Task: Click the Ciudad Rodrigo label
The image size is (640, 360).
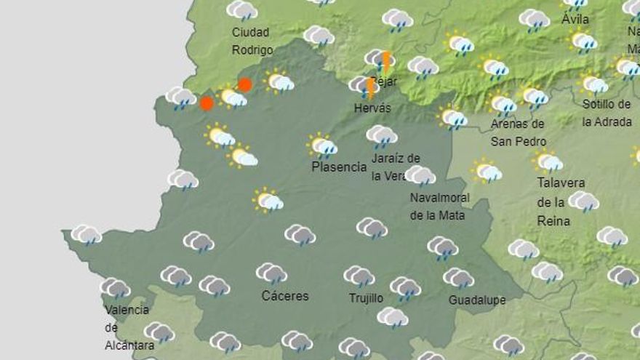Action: [252, 41]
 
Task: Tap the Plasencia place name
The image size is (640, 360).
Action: [339, 167]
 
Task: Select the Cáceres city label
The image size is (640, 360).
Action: [285, 296]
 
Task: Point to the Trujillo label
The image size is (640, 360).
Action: [366, 298]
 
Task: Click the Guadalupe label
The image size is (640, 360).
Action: [477, 300]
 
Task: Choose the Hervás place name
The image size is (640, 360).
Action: [372, 108]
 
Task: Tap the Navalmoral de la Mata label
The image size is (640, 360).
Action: [439, 206]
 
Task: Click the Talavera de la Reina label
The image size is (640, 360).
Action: [561, 201]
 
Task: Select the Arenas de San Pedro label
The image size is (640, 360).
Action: [518, 132]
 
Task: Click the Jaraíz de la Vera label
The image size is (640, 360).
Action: [396, 167]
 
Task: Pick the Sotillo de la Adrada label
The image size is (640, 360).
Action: [607, 113]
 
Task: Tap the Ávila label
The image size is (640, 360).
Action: [575, 20]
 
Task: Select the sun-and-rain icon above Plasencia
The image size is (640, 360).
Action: [322, 145]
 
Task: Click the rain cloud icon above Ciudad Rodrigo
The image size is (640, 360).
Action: [242, 10]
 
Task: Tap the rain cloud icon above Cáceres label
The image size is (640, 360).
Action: [271, 273]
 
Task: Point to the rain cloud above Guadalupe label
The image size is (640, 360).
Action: [458, 277]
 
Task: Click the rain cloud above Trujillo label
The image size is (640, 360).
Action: [359, 276]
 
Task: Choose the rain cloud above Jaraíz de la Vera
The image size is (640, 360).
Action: [382, 135]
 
